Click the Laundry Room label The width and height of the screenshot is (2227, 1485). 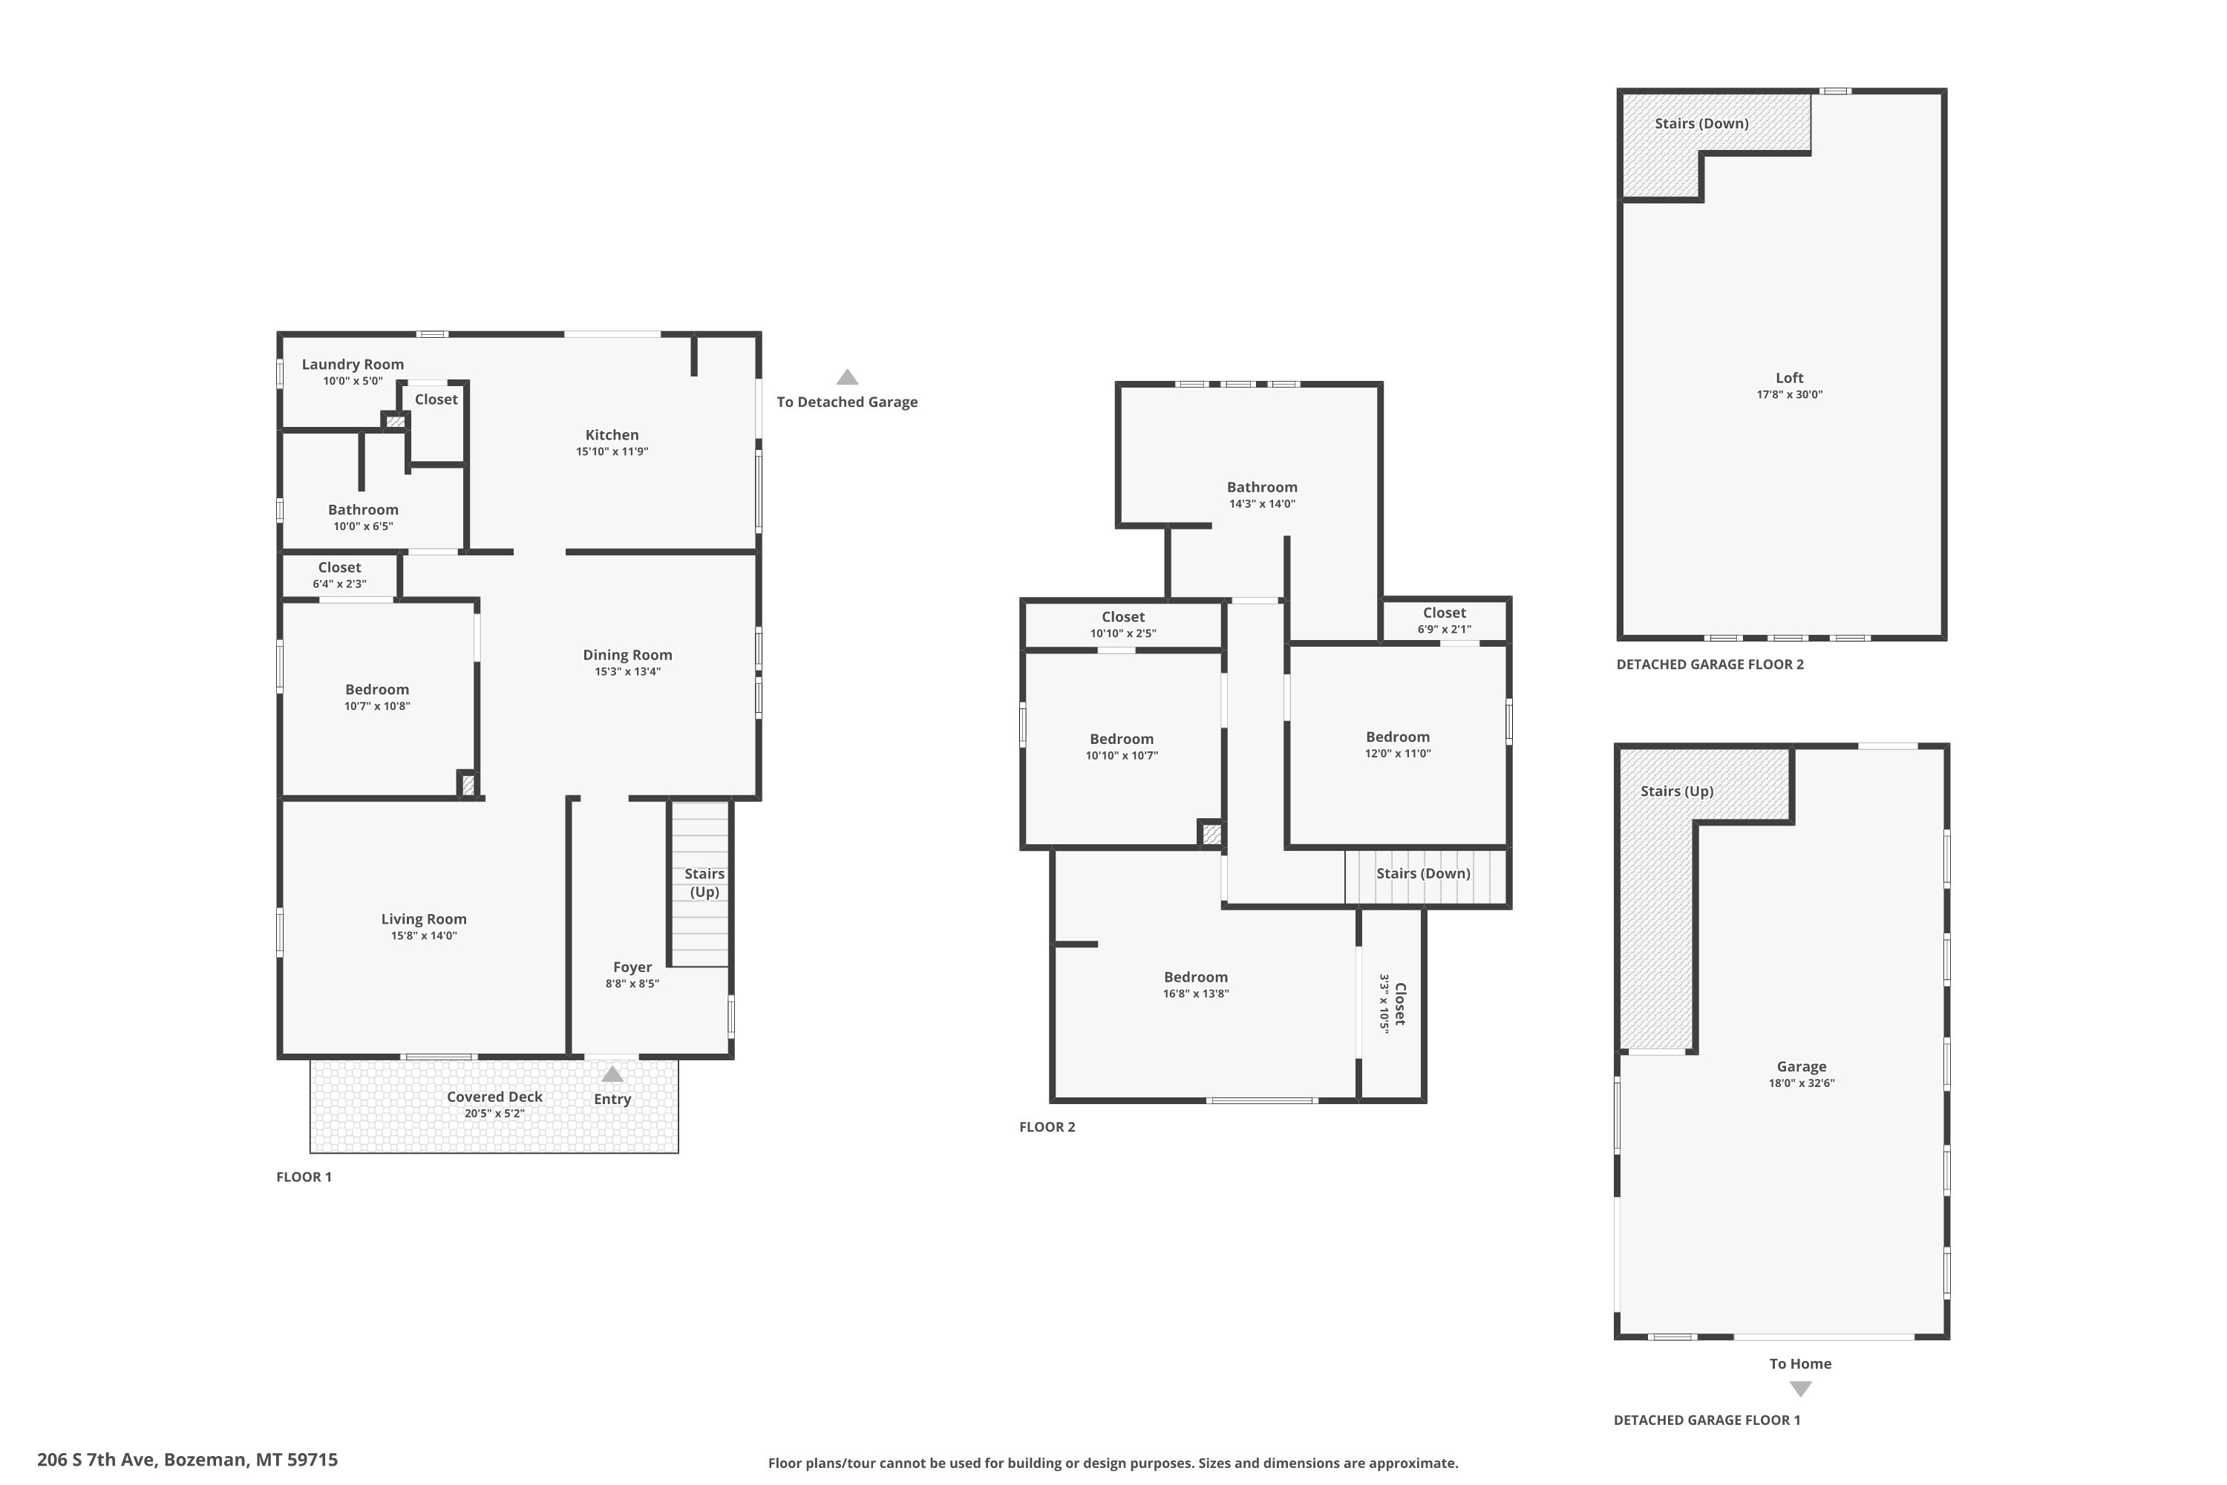click(x=352, y=365)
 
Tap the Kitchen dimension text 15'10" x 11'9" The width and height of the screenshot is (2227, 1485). click(x=612, y=451)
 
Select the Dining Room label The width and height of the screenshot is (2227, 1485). click(x=627, y=656)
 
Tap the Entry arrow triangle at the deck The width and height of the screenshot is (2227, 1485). click(x=612, y=1074)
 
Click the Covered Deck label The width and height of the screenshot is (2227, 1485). click(x=494, y=1097)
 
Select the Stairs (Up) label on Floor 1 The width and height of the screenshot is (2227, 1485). click(x=704, y=883)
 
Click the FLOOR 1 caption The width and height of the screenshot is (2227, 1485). click(x=304, y=1177)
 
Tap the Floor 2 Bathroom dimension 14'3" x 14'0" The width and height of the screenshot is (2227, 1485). click(x=1262, y=504)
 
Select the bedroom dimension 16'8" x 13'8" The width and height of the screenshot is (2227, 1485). click(x=1196, y=993)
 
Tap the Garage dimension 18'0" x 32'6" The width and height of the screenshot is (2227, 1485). click(x=1801, y=1083)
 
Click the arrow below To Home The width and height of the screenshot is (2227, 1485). click(x=1801, y=1389)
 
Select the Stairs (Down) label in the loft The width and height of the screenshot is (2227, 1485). click(x=1701, y=124)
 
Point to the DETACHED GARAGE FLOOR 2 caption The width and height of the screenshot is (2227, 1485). click(x=1710, y=665)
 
